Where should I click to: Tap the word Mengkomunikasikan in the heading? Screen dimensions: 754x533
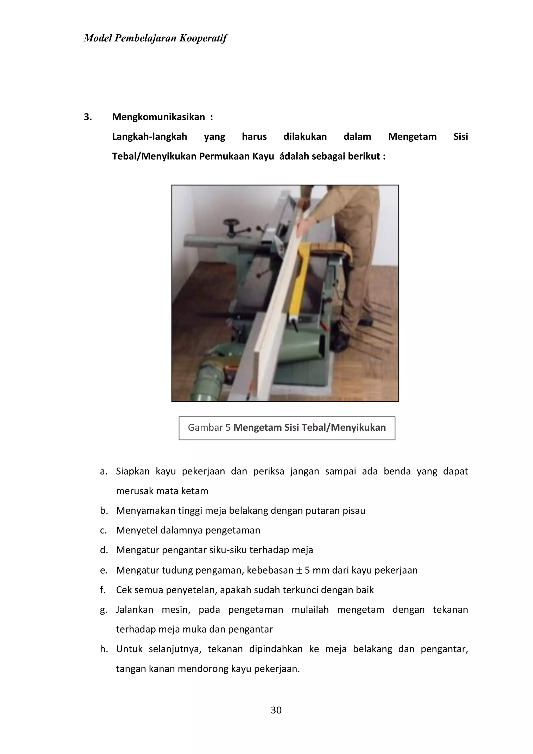coord(158,117)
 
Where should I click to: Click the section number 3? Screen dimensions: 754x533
coord(88,117)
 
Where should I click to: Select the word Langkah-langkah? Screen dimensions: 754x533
coord(149,137)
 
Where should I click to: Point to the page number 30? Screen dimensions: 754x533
coord(276,710)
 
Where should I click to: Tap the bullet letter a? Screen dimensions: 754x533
coord(104,472)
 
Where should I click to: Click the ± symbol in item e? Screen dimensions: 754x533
coord(299,570)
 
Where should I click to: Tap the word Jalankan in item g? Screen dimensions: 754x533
coord(135,610)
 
